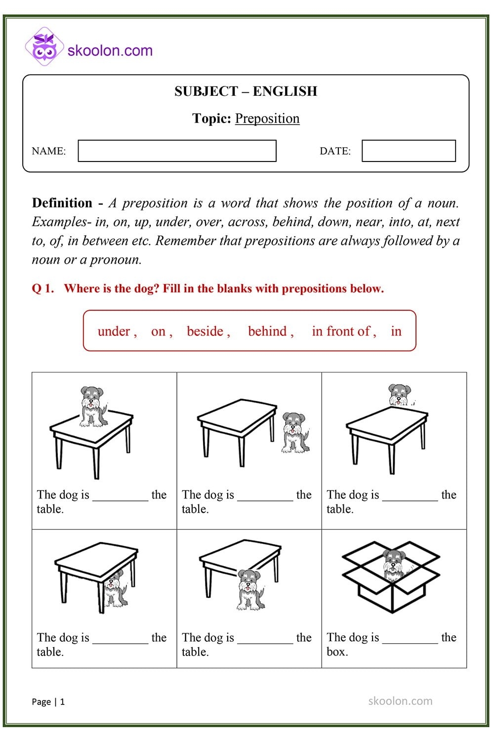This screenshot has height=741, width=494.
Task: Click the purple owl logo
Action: [44, 47]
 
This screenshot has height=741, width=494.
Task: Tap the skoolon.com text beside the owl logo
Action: [110, 50]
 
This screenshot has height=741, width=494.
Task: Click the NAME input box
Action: [177, 151]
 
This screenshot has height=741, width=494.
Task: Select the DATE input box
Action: [409, 151]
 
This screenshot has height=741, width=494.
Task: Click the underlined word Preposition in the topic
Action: [267, 119]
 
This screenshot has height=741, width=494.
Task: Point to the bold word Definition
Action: [62, 203]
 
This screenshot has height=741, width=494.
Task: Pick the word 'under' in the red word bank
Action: [114, 331]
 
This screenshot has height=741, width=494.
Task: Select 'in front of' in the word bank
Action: [341, 331]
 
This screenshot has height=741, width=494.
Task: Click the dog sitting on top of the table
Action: [92, 406]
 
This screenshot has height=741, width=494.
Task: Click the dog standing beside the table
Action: [294, 432]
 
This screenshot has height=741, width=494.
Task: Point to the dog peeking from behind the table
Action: [399, 395]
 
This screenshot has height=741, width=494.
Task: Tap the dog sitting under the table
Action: [115, 588]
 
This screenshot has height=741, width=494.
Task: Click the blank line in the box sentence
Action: [410, 642]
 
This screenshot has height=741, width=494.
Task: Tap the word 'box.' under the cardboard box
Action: [337, 652]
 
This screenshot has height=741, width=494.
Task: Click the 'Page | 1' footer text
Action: [48, 701]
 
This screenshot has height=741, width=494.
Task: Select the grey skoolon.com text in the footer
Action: [400, 701]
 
